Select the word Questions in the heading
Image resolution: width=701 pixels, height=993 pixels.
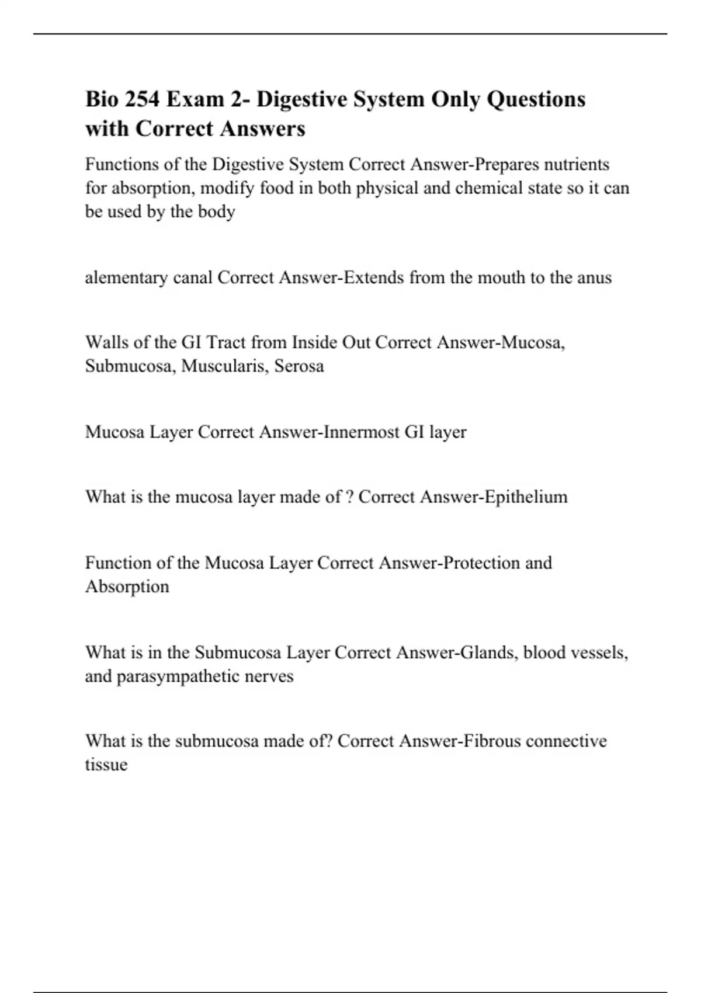click(536, 99)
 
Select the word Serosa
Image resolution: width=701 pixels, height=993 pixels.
click(299, 366)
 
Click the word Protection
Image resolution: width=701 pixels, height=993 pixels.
click(482, 563)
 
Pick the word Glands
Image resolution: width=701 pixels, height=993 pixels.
click(489, 652)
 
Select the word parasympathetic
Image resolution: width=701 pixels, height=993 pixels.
click(178, 676)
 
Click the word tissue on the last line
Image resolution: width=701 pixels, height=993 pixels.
click(106, 765)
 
